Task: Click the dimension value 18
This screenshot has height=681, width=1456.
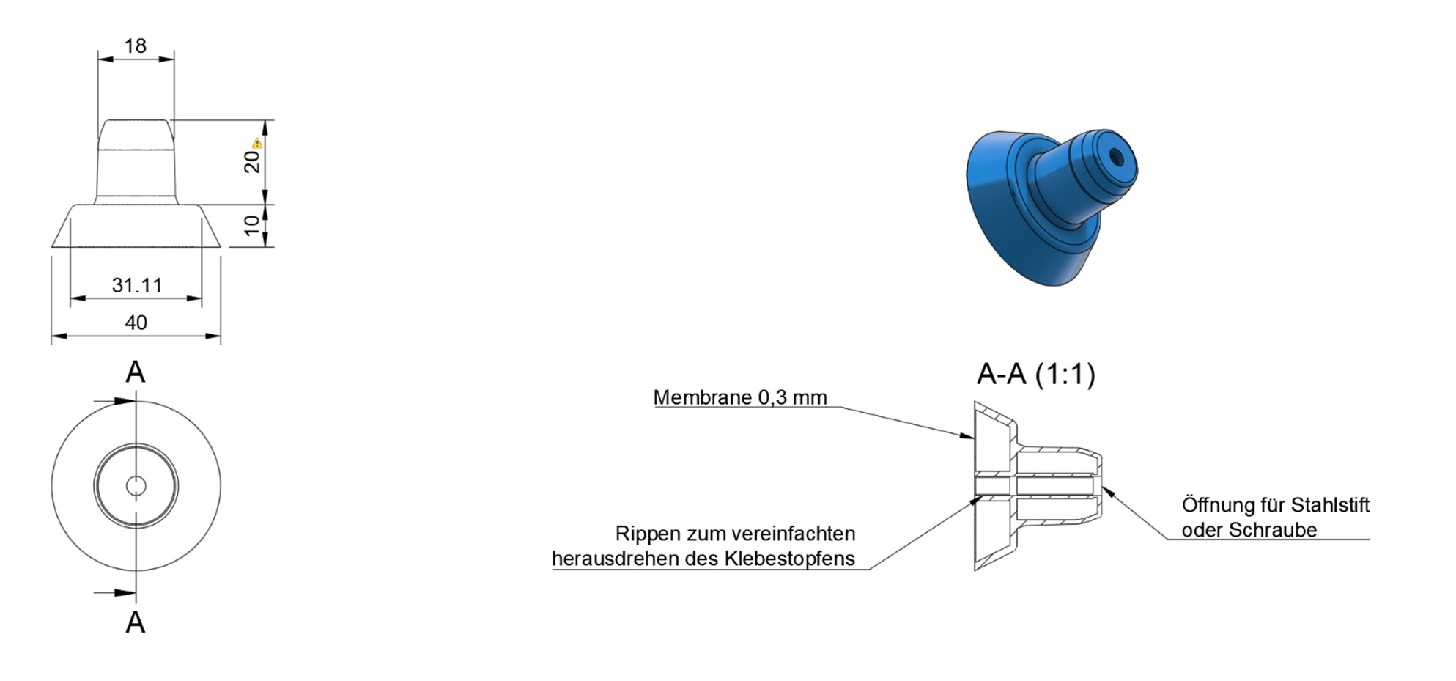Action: coord(136,46)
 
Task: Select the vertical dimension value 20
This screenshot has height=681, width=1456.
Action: coord(252,161)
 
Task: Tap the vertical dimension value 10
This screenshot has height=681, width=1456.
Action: coord(252,225)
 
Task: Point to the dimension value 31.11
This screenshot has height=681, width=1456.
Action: coord(137,285)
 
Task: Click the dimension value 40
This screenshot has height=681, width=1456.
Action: coord(136,323)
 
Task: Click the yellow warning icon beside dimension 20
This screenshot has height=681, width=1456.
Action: coord(257,143)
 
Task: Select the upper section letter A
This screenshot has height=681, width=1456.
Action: coord(136,372)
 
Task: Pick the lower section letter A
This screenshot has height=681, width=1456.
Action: coord(136,622)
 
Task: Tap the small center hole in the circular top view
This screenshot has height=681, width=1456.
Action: coord(136,485)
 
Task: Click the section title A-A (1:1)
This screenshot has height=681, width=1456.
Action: coord(1036,375)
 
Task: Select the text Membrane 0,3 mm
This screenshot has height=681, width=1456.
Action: coord(740,397)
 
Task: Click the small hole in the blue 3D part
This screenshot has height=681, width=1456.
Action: coord(1116,156)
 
